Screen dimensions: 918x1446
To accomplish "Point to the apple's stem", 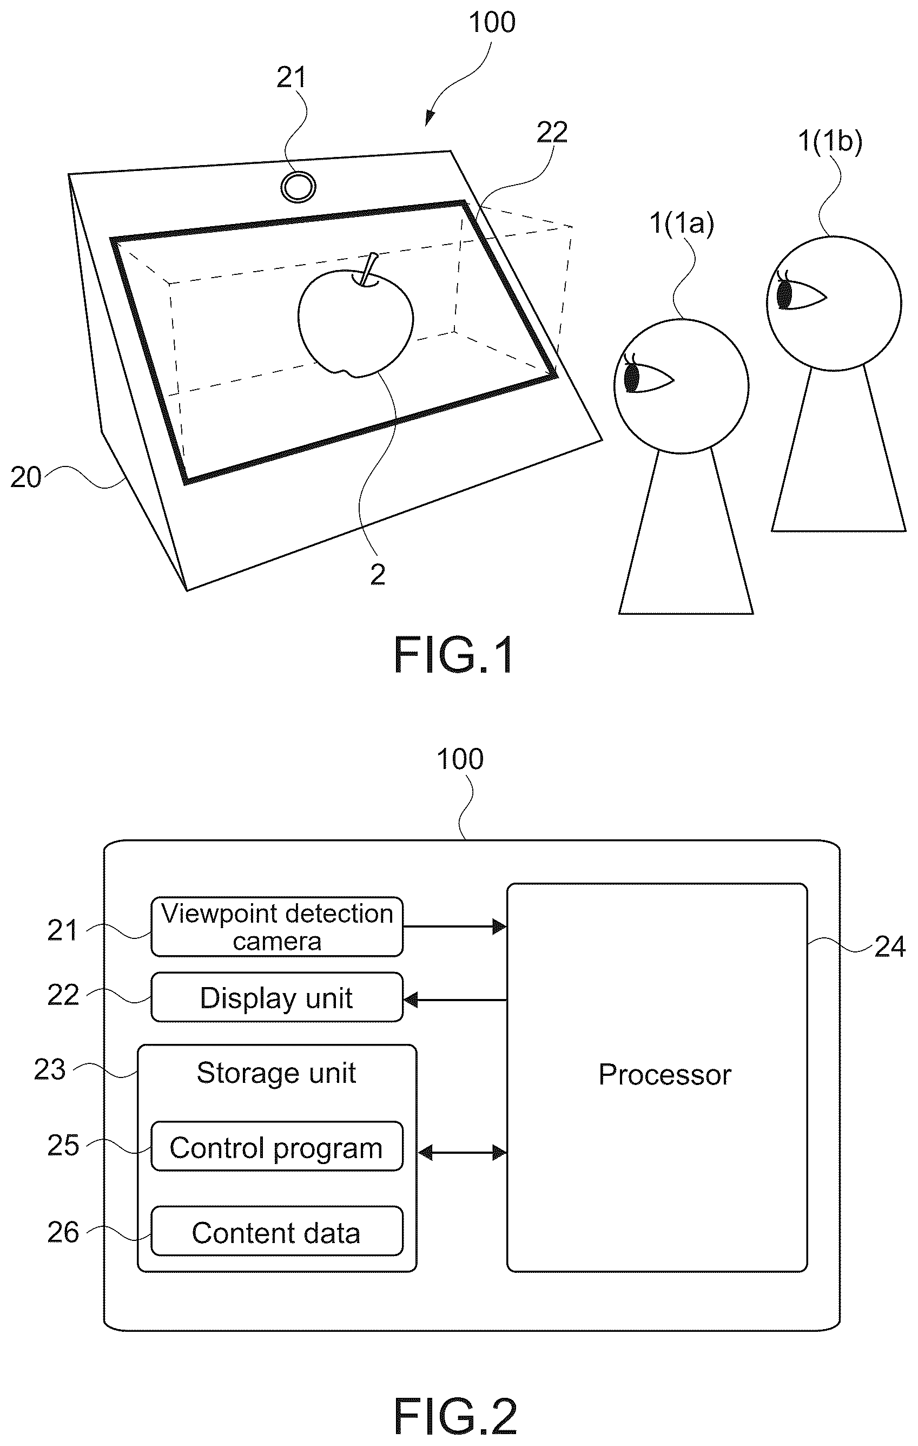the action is [x=367, y=268].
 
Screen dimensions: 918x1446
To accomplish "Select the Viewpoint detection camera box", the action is [x=277, y=926].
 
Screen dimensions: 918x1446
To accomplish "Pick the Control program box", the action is [x=277, y=1146].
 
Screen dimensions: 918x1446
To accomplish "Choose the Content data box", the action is [x=277, y=1231].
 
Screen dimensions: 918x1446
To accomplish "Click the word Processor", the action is [x=665, y=1074].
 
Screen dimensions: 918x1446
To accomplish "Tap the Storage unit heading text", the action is [x=276, y=1073].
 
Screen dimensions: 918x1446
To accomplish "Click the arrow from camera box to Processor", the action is [x=454, y=926].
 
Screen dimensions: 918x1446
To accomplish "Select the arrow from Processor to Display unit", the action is [x=454, y=1000].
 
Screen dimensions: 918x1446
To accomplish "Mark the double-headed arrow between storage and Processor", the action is [x=461, y=1152].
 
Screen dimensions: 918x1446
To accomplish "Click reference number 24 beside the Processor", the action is [x=890, y=947].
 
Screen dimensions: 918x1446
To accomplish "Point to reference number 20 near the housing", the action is [x=26, y=478].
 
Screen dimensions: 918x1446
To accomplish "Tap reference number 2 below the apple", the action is [x=377, y=575].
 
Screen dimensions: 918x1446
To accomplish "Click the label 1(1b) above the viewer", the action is [x=830, y=142].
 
